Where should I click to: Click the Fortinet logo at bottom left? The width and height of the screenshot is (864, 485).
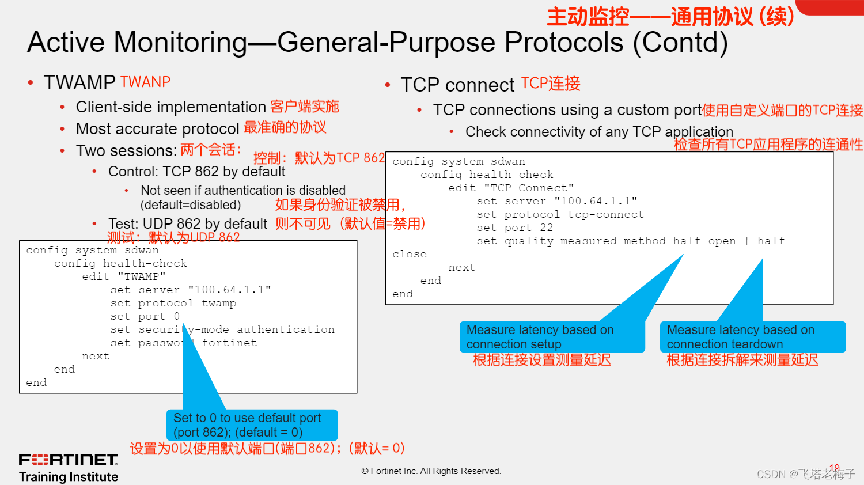point(69,460)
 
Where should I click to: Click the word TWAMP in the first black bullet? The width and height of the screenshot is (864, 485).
point(79,82)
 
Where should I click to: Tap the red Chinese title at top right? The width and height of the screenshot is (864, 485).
point(670,17)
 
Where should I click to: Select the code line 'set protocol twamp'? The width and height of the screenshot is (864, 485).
point(173,303)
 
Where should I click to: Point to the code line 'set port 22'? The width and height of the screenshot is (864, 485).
point(514,228)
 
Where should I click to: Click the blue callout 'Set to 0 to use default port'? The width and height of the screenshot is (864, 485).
point(252,425)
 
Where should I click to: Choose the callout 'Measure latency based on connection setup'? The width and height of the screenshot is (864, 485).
point(551,337)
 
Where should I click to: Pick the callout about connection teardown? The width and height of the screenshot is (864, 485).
point(752,337)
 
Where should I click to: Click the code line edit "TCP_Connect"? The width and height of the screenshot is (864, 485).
point(511,188)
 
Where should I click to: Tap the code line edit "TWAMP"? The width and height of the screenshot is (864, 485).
point(124,276)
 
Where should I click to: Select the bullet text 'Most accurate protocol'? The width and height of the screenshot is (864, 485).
point(157,128)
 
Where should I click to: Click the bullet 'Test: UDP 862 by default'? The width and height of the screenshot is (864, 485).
point(187,223)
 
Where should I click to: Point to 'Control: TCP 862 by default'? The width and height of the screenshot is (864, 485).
point(196,172)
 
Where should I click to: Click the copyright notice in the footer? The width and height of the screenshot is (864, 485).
point(431,471)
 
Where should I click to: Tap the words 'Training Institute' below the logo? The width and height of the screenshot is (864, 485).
point(69,477)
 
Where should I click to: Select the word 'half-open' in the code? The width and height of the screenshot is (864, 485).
point(704,241)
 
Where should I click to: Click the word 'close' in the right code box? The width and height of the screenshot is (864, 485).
point(410,254)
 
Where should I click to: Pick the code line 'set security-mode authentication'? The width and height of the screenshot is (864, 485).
point(222,329)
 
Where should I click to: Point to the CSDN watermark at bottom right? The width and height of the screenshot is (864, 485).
point(805,474)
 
